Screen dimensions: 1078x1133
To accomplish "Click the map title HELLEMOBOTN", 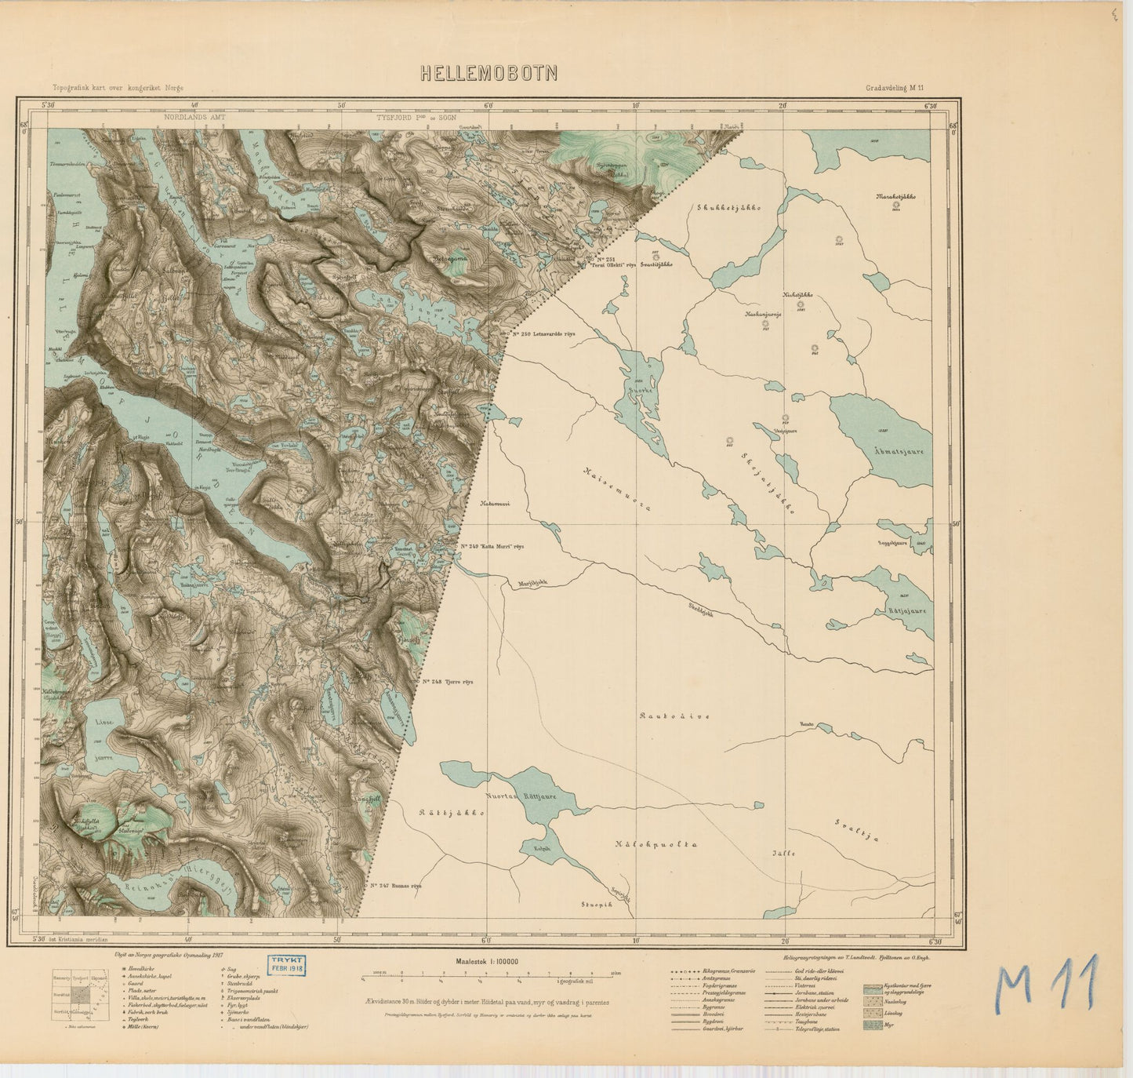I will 489,73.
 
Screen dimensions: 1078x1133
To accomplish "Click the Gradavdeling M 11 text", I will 895,89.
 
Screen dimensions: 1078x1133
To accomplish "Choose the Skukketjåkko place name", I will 728,207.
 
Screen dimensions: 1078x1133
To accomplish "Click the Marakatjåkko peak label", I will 895,197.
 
